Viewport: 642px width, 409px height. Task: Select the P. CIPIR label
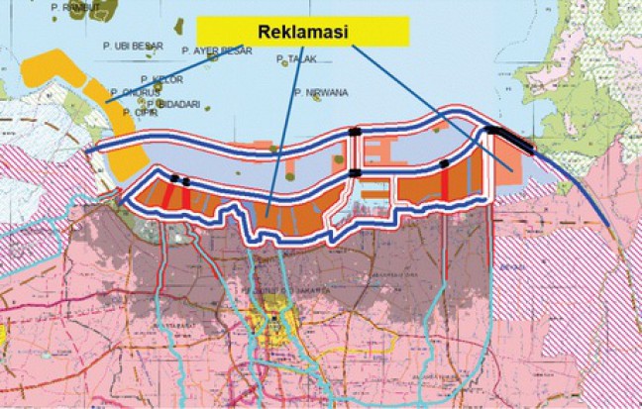click(143, 112)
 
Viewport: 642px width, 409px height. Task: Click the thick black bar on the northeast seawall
click(510, 141)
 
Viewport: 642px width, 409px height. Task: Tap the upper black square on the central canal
click(354, 132)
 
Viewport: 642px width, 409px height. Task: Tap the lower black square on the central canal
click(354, 174)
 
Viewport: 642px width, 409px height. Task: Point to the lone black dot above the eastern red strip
click(446, 162)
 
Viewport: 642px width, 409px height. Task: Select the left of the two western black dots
click(174, 178)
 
